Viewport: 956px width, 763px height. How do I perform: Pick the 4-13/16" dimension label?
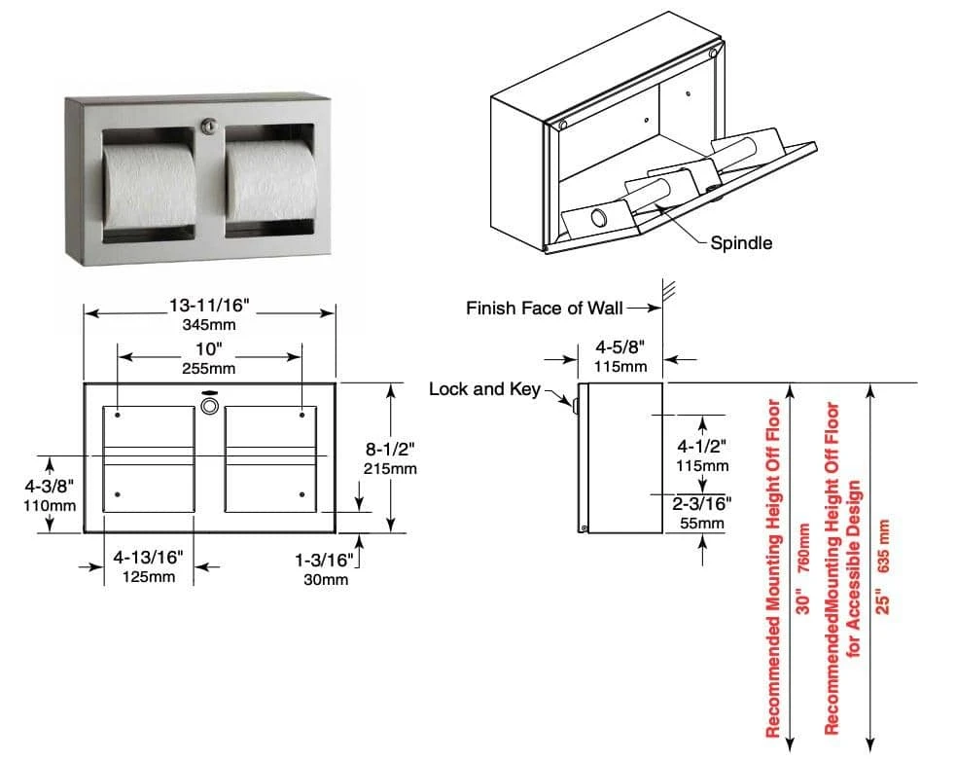[x=150, y=558]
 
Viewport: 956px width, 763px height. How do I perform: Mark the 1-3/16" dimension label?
[x=321, y=560]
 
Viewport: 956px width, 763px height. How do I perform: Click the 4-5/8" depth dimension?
[x=620, y=346]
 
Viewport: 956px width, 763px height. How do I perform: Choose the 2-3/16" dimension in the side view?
[x=701, y=503]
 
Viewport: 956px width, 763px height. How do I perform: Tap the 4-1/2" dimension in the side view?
[x=701, y=446]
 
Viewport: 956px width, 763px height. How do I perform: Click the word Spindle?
[x=741, y=242]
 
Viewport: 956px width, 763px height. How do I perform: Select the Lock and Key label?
[x=484, y=389]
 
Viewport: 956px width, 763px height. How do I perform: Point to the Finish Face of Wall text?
[x=540, y=309]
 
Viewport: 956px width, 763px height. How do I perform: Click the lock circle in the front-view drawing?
[x=208, y=403]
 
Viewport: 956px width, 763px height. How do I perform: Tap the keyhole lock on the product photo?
[x=209, y=127]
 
